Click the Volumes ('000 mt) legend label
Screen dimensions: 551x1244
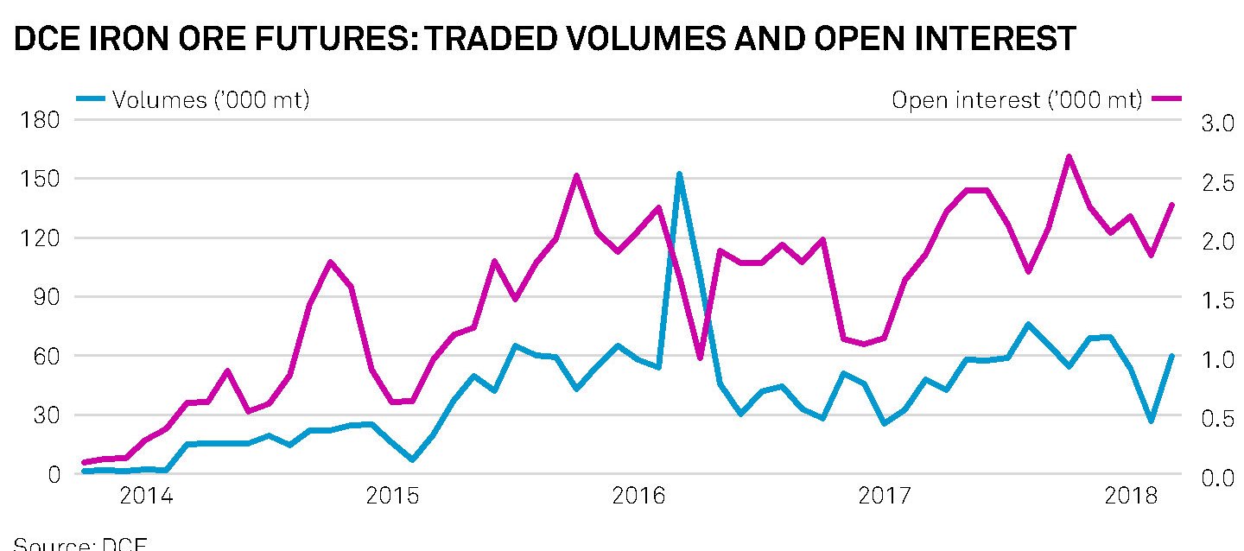pos(211,101)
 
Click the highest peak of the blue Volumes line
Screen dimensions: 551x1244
pos(679,174)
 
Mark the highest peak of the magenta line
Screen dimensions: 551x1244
pos(1069,157)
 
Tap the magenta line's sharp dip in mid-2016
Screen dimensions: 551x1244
pos(700,358)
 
